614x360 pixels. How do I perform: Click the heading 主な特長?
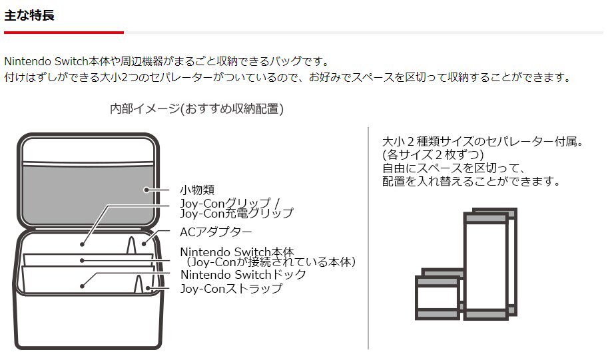29,15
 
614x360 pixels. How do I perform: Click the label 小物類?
197,190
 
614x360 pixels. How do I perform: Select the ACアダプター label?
216,232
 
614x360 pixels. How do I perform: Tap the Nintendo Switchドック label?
243,274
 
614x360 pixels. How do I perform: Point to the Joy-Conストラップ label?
231,288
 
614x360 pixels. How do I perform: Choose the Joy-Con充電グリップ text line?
236,214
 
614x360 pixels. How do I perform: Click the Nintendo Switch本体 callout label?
236,252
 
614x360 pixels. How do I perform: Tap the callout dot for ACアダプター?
144,244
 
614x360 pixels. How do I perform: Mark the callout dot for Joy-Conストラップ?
148,288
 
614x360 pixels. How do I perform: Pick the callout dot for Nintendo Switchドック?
82,286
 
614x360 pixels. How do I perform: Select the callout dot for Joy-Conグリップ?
83,244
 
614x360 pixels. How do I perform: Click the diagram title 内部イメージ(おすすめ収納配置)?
196,109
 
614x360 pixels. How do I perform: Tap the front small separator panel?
437,299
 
